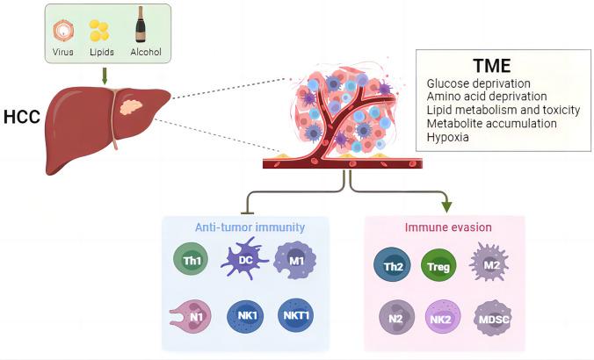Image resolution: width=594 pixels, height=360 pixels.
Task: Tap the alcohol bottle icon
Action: tap(141, 26)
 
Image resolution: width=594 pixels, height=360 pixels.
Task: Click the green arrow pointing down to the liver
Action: tap(105, 76)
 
